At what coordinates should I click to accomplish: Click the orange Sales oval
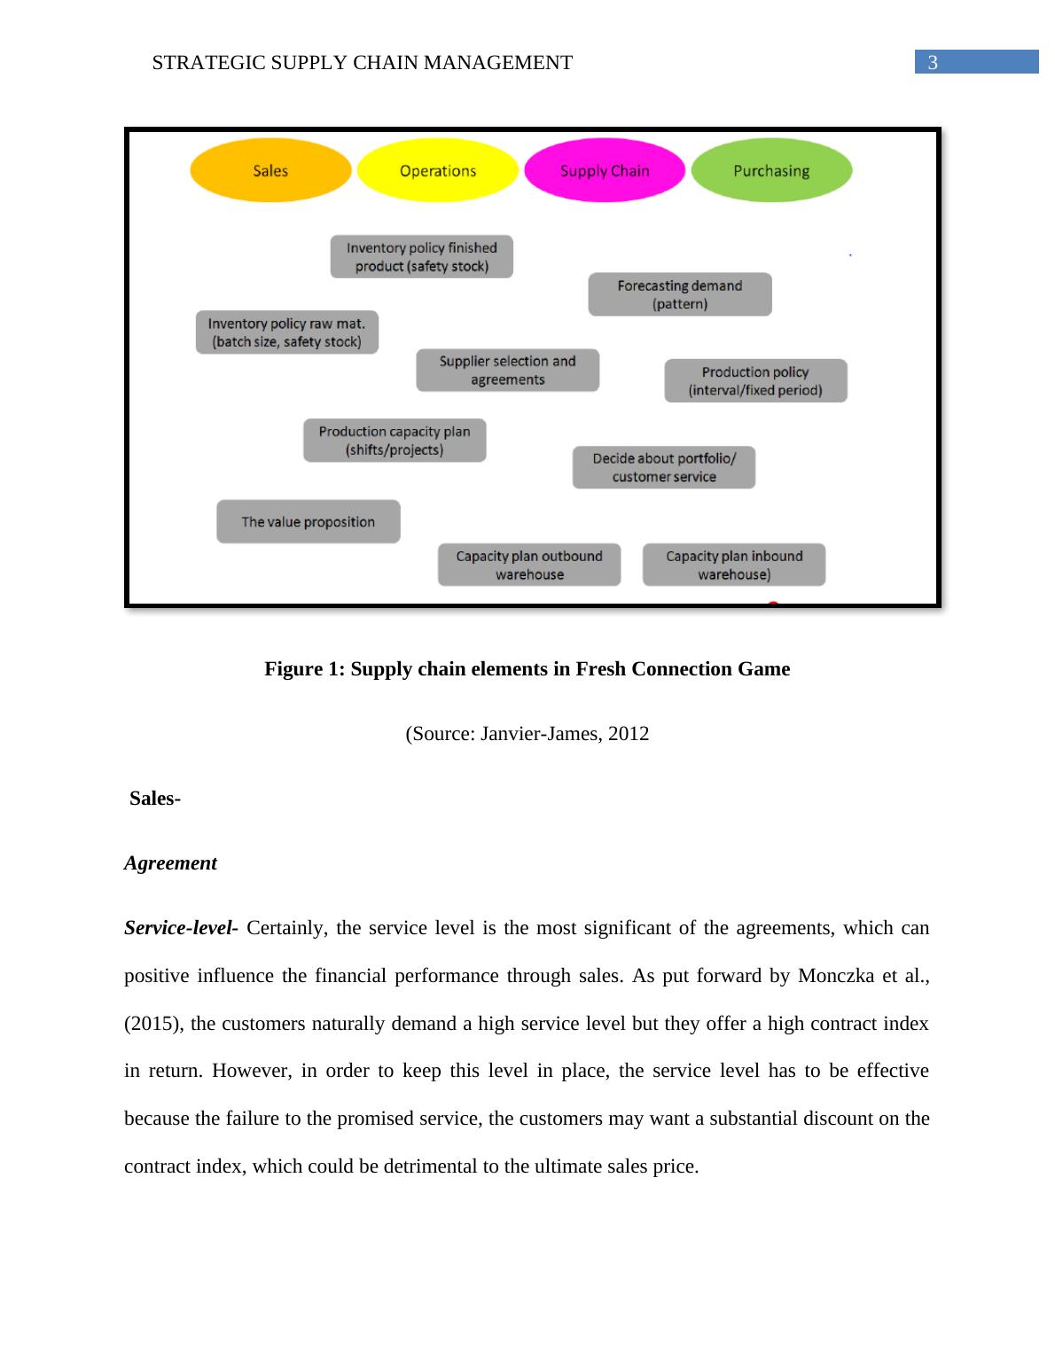pos(270,170)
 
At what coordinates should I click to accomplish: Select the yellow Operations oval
pos(437,170)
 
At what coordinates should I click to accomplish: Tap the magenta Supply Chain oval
pos(605,170)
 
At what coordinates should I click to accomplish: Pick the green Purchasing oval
pos(771,170)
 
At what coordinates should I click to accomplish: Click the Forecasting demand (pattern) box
pos(680,294)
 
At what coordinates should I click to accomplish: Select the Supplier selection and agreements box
pos(508,370)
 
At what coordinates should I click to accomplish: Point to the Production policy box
pos(755,381)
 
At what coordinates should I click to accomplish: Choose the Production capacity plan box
pos(395,441)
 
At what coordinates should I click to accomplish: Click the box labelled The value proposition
pos(309,522)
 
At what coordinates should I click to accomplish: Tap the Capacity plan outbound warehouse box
pos(529,565)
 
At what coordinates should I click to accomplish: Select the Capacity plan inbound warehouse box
pos(734,565)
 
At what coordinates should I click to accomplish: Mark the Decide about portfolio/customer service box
pos(664,467)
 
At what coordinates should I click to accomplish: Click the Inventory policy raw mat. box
pos(287,332)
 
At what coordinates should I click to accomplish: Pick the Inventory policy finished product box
pos(422,257)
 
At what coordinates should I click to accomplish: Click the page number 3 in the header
pos(933,63)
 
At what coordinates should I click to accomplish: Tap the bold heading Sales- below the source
pos(155,799)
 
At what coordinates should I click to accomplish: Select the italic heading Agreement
pos(170,863)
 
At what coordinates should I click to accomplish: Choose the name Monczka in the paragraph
pos(834,976)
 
